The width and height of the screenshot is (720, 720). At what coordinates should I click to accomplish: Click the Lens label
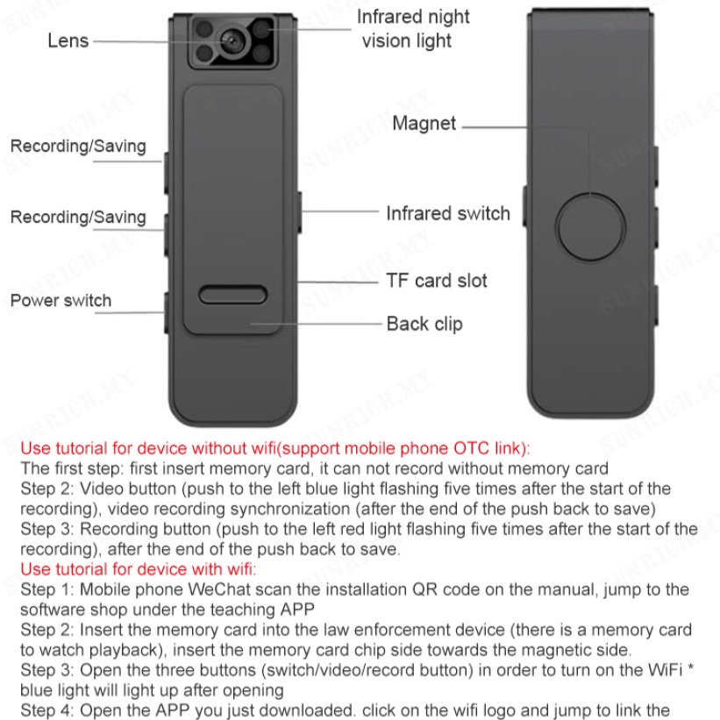68,40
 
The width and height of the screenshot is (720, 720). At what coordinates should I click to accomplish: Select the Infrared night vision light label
411,29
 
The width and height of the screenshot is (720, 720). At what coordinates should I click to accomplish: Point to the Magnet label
424,124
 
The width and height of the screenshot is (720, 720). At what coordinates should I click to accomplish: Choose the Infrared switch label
447,213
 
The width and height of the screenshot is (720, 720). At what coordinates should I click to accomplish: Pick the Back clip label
424,324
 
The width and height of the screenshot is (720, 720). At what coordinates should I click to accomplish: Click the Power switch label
61,301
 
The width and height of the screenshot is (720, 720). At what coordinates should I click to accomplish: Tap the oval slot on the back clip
232,295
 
